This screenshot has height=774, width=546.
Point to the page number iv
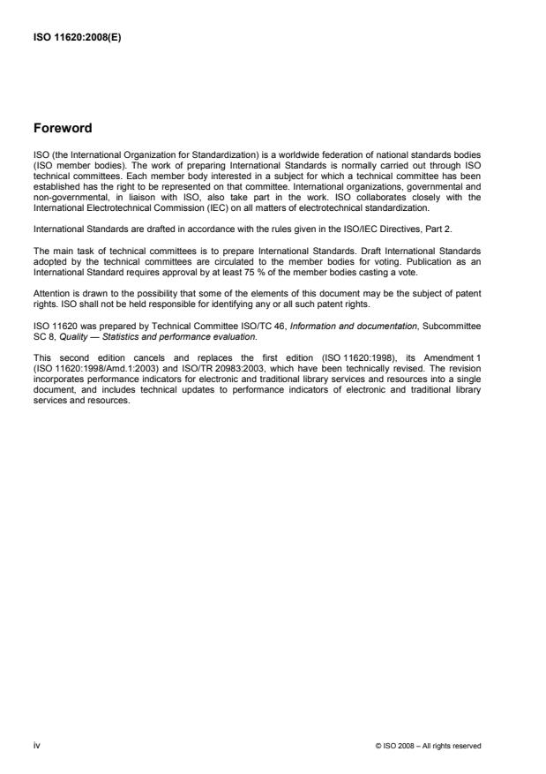38,746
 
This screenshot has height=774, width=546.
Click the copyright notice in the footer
429,747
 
